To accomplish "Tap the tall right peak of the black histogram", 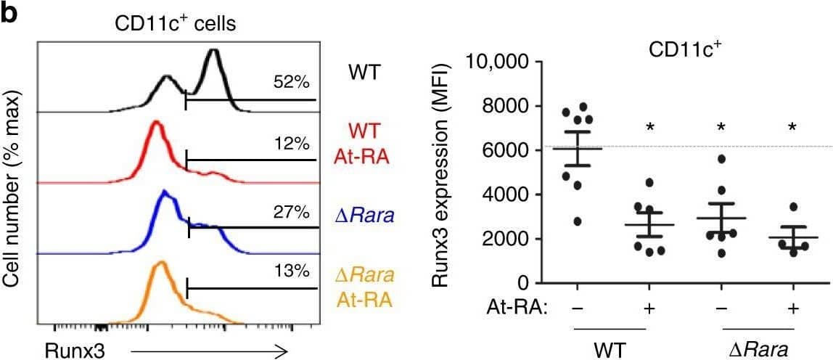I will [x=213, y=52].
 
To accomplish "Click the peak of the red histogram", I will [x=155, y=124].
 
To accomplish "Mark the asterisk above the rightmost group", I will [x=792, y=128].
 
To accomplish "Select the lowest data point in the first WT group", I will [x=557, y=221].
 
